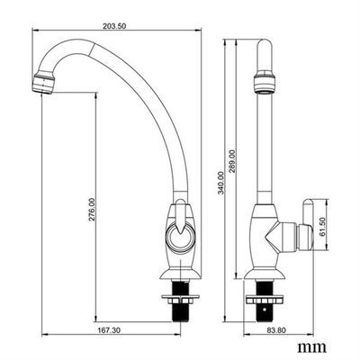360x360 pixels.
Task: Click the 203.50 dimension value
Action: tap(114, 26)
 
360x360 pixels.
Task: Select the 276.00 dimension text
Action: tap(92, 209)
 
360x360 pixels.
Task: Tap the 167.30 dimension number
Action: tap(109, 330)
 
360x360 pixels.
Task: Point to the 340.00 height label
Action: tap(221, 183)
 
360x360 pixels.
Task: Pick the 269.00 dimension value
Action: tap(232, 161)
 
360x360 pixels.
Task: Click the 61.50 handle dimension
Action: tap(322, 228)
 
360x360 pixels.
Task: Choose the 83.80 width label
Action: tap(276, 330)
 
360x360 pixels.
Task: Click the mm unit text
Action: tap(311, 347)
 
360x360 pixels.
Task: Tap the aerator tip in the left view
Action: tap(44, 83)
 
